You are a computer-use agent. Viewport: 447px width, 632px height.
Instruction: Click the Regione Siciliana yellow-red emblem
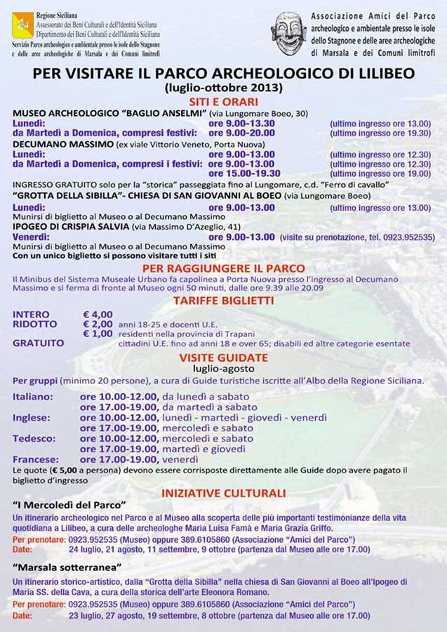click(x=22, y=24)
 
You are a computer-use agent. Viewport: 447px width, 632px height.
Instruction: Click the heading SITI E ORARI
click(x=223, y=101)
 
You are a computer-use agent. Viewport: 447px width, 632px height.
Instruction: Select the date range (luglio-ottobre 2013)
click(x=223, y=88)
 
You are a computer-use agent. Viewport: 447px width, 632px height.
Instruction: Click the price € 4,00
click(x=98, y=314)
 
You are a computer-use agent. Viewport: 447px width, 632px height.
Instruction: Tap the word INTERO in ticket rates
click(x=31, y=314)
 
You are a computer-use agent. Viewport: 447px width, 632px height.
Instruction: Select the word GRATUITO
click(x=38, y=343)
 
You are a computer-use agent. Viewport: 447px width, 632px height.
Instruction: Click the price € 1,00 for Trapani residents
click(x=98, y=334)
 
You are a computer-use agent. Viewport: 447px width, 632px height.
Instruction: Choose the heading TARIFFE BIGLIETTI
click(x=223, y=300)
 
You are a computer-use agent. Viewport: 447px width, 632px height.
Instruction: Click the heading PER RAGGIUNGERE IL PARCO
click(x=223, y=268)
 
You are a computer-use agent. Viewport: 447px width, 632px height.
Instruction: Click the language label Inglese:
click(x=32, y=417)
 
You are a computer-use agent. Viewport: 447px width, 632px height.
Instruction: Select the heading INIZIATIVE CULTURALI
click(x=223, y=493)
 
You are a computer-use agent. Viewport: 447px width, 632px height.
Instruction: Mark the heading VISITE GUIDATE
click(x=223, y=357)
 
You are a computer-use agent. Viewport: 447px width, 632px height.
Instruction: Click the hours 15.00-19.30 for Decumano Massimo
click(x=244, y=173)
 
